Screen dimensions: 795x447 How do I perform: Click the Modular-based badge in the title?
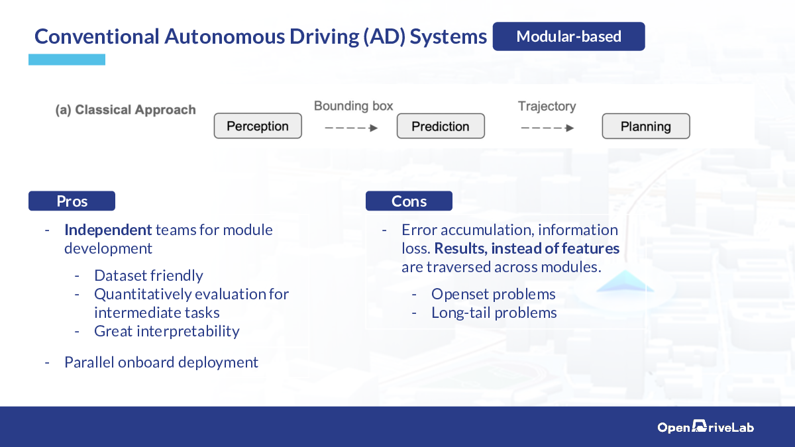pos(568,36)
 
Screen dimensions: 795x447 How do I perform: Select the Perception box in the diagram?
pos(258,126)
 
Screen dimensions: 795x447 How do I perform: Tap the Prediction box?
pos(441,126)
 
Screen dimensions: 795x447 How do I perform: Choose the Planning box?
pos(646,126)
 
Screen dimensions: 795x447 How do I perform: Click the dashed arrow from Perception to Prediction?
pos(351,128)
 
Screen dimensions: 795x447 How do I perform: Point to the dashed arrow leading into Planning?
pos(547,128)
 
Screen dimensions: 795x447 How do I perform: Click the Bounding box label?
pos(354,106)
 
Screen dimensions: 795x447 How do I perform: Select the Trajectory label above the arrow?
pos(547,106)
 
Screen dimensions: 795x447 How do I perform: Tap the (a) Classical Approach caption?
pos(126,110)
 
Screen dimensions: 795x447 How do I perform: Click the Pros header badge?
pos(72,201)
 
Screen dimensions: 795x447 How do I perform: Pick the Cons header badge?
pos(409,201)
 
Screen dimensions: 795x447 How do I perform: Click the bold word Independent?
pos(108,230)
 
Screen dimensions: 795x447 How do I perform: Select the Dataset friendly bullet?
pos(148,275)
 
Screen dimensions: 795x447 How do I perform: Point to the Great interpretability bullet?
pos(167,331)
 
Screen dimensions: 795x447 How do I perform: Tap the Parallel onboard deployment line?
pos(161,362)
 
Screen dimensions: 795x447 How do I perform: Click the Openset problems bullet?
pos(494,294)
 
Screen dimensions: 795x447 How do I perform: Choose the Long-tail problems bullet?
pos(494,313)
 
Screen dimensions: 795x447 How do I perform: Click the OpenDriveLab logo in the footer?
pos(706,426)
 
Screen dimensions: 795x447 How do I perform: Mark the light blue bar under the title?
pos(67,60)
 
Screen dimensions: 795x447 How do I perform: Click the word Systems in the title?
pos(449,36)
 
